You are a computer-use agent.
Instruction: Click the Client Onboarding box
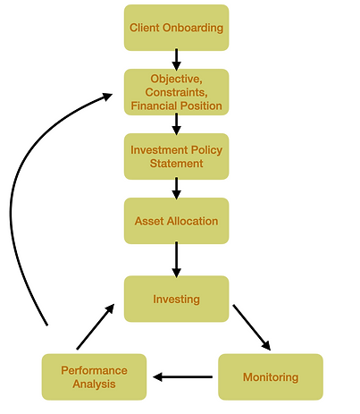pos(176,28)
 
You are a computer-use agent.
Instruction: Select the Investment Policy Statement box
pos(176,156)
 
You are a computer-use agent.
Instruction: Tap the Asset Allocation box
pos(176,221)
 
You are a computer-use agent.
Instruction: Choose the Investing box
pos(176,299)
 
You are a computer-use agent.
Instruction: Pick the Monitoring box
pos(271,377)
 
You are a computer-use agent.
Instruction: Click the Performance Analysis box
pos(94,377)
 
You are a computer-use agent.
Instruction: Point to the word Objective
pos(175,79)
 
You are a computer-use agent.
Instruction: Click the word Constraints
pos(176,92)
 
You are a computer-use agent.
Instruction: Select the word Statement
pos(176,164)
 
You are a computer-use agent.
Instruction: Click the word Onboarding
pos(193,28)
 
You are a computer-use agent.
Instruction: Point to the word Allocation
pos(193,221)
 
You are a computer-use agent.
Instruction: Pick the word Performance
pos(94,370)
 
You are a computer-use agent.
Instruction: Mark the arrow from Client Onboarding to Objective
pos(176,60)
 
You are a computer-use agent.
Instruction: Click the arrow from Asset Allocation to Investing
pos(176,259)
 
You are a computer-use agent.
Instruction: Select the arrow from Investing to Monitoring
pos(252,327)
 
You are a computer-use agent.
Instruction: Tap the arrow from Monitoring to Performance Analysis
pos(182,377)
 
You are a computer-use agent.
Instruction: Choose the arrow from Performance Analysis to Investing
pos(96,326)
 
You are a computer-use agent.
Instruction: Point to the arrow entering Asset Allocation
pos(176,189)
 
